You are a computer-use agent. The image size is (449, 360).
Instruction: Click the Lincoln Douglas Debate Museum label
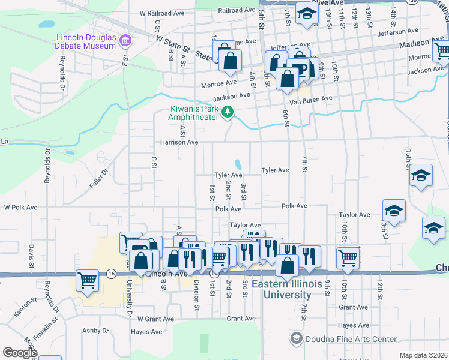coord(85,41)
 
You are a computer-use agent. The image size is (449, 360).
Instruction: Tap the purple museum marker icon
coord(125,41)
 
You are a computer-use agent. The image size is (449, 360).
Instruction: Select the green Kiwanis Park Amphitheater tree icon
coord(228,111)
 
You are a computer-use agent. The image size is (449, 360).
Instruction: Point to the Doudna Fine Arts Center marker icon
coord(295,339)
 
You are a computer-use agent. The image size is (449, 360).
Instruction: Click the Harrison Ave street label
coord(179,142)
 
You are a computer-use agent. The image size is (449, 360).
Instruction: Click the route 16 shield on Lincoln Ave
coord(111,273)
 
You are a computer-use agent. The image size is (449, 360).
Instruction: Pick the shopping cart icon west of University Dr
coord(88,280)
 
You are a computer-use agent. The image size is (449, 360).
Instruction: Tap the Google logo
coord(20,353)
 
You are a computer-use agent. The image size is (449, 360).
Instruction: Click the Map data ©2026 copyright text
coord(423,355)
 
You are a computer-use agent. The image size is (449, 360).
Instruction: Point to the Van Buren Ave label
coord(311,100)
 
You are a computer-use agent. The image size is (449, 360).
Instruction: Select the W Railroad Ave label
coord(162,13)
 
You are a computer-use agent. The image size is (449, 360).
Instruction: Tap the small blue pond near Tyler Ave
coord(239,164)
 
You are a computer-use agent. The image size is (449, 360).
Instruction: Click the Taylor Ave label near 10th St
coord(354,214)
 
